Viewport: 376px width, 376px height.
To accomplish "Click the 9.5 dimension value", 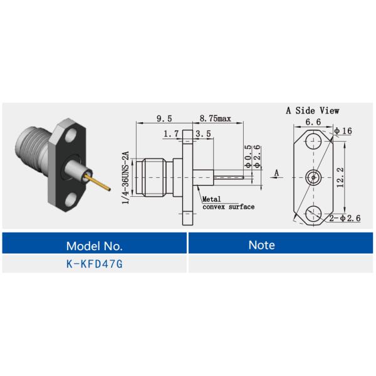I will point(165,118).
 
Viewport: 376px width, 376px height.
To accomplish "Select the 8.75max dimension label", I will point(216,118).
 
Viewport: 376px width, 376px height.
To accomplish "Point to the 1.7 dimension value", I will point(170,133).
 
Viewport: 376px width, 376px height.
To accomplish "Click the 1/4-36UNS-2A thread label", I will point(126,177).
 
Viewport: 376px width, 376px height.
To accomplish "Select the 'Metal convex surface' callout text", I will point(227,203).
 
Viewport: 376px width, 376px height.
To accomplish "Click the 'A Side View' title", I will point(313,110).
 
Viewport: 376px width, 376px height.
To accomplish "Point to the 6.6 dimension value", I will point(313,122).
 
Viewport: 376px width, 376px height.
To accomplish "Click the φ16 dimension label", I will point(343,131).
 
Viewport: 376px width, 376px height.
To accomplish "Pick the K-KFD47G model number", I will point(95,264).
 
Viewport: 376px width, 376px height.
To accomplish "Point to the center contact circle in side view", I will point(313,178).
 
